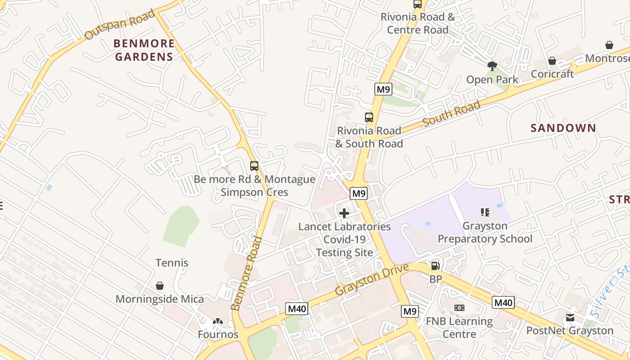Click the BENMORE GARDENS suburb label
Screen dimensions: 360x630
tap(144, 50)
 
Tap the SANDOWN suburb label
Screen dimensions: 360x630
tap(563, 128)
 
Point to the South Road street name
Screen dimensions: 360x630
tap(451, 114)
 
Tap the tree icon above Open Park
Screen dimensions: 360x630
tap(492, 66)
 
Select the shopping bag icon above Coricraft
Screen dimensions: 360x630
tap(552, 61)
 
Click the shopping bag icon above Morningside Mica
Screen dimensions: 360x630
tap(160, 286)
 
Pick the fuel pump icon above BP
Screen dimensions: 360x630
tap(435, 266)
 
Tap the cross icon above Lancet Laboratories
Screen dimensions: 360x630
tap(344, 213)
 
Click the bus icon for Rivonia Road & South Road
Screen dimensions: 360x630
tap(369, 117)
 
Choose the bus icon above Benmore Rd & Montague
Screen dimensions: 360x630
tap(254, 166)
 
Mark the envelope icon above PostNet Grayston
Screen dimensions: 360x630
tap(570, 318)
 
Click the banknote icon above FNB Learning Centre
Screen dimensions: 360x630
tap(459, 308)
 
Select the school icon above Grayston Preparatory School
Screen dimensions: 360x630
tap(485, 212)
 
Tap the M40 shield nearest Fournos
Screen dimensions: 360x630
tap(297, 309)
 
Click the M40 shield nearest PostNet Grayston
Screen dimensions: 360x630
tap(503, 302)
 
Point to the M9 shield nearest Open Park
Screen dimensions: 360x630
tap(383, 89)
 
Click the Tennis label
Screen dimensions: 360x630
tap(172, 263)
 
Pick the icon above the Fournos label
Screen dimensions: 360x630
tap(218, 322)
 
